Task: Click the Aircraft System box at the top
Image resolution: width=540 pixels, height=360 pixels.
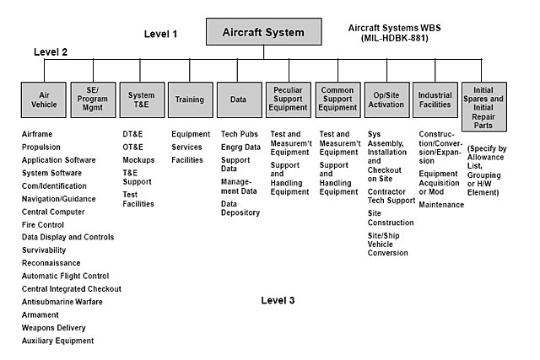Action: coord(263,31)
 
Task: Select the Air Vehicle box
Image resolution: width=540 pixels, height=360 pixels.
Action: coord(44,99)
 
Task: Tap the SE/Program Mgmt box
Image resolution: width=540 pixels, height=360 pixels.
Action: coord(92,99)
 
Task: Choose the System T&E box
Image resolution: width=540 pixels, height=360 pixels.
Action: coord(141,99)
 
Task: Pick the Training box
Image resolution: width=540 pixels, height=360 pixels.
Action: coord(189,99)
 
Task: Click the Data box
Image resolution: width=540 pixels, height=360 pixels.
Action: coord(238,99)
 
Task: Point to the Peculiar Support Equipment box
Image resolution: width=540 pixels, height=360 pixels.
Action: coord(288,99)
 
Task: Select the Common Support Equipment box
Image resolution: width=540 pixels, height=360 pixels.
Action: coord(337,99)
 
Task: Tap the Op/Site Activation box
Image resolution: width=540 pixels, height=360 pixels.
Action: coord(386,99)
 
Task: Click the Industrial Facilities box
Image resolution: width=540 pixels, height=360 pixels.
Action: coord(435,99)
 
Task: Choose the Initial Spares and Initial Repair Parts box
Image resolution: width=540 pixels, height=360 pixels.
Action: coord(484,105)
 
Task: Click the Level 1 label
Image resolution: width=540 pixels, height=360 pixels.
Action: coord(160,35)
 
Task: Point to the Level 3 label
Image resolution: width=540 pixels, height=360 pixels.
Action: coord(278,300)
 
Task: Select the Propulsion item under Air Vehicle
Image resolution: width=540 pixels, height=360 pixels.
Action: coord(42,146)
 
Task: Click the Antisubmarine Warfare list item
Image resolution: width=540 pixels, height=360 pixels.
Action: coord(62,302)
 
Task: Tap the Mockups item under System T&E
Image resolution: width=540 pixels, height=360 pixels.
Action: coord(138,159)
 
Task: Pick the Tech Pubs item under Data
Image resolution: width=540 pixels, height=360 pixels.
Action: coord(239,135)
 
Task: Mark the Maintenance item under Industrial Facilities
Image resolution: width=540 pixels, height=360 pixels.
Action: coord(441,205)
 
